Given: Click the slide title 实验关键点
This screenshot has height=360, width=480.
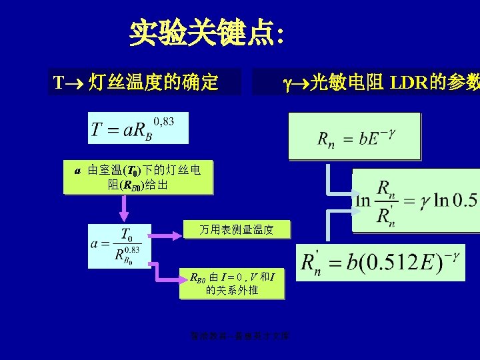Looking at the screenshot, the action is (x=207, y=33).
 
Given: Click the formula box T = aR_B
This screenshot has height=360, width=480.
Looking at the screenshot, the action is (x=138, y=128).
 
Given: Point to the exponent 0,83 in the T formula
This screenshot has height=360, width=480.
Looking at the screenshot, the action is (x=163, y=121).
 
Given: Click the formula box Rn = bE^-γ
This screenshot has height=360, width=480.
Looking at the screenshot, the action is (x=354, y=137).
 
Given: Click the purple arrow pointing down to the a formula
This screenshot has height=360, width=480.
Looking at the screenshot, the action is (x=123, y=209).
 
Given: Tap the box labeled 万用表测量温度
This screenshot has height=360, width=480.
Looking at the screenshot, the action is (x=237, y=230).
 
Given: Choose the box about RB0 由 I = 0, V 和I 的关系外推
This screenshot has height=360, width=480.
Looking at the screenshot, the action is (x=232, y=283).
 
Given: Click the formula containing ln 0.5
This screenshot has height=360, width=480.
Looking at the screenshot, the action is (x=416, y=200).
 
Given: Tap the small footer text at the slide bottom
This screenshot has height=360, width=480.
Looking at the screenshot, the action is (x=243, y=337).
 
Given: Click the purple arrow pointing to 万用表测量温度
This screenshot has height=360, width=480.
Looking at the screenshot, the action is (x=167, y=233).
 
